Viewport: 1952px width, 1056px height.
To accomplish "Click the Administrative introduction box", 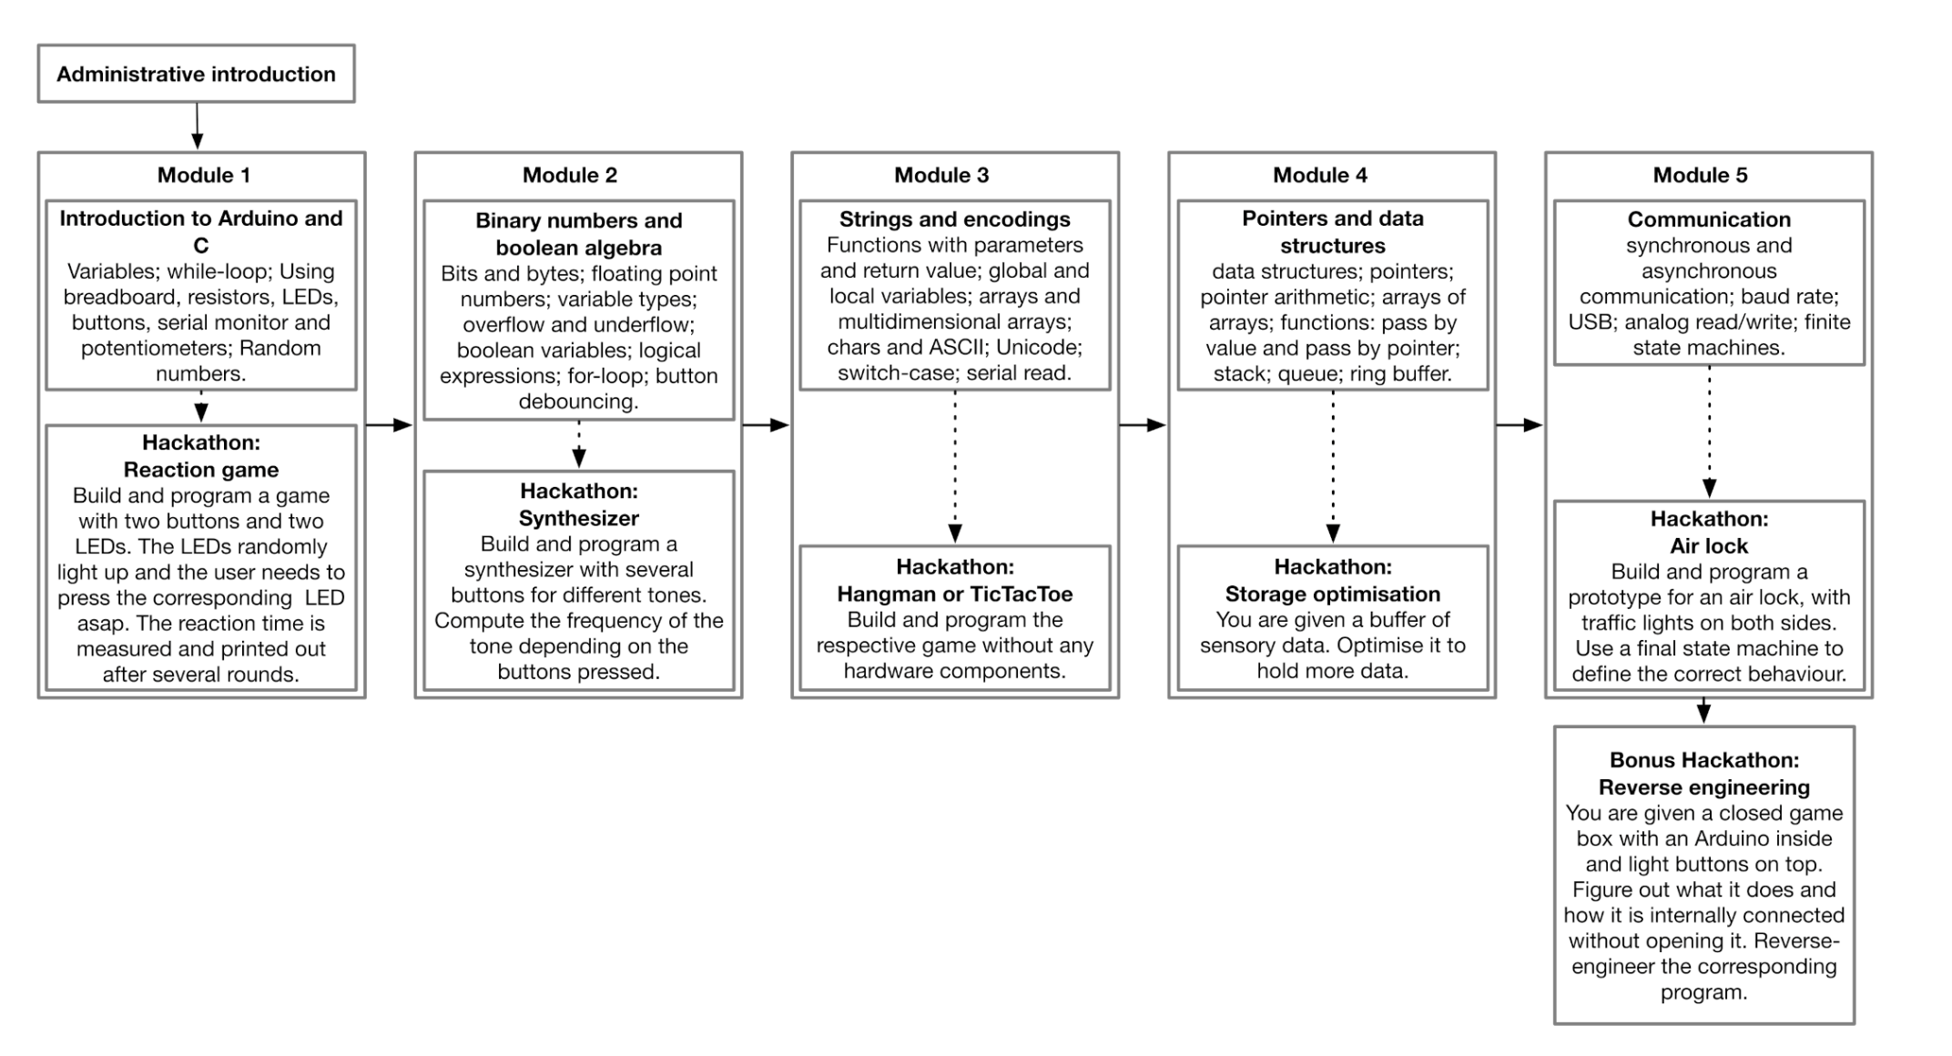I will pyautogui.click(x=196, y=74).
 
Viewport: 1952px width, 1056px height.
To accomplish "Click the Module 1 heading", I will pyautogui.click(x=203, y=175).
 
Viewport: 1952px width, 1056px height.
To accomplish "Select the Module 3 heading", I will pyautogui.click(x=940, y=175).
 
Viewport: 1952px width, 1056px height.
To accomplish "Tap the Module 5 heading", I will pyautogui.click(x=1700, y=175).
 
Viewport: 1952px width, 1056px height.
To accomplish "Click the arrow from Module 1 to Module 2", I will pyautogui.click(x=389, y=424).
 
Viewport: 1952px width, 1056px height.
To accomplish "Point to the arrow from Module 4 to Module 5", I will pyautogui.click(x=1519, y=424).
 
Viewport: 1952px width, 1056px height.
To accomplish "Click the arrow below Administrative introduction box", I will pyautogui.click(x=197, y=126).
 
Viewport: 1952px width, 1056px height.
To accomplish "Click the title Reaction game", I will pyautogui.click(x=201, y=470).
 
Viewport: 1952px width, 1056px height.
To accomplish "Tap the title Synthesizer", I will pyautogui.click(x=578, y=518).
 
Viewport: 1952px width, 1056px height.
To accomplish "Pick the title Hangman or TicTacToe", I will pyautogui.click(x=954, y=594).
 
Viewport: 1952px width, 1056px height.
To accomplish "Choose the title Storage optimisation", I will pyautogui.click(x=1332, y=594).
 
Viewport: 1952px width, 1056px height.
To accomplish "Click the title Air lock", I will pyautogui.click(x=1708, y=545).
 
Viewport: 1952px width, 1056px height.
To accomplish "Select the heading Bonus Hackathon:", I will pyautogui.click(x=1703, y=759).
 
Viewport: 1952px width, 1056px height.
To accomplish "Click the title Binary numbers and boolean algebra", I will pyautogui.click(x=578, y=234).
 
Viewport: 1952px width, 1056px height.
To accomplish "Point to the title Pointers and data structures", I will pyautogui.click(x=1332, y=232).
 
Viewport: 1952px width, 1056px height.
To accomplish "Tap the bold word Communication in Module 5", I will pyautogui.click(x=1708, y=219).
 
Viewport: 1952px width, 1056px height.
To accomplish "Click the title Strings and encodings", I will pyautogui.click(x=954, y=219).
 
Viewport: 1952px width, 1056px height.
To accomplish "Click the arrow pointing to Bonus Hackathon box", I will pyautogui.click(x=1703, y=711).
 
